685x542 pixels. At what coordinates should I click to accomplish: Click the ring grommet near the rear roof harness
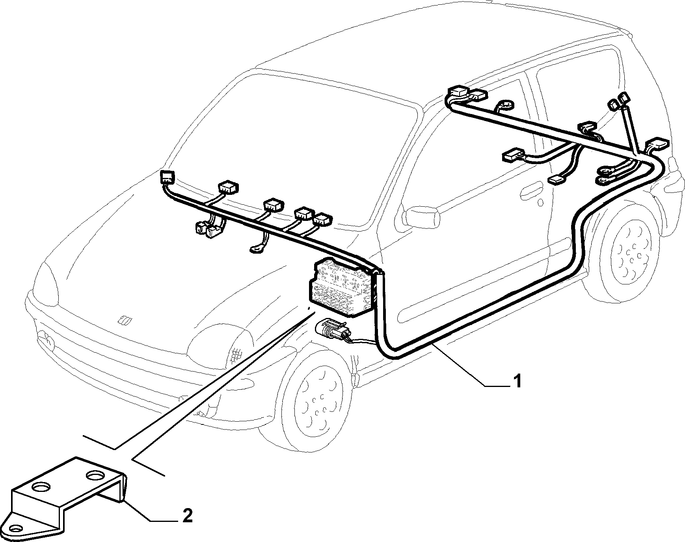click(504, 106)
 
